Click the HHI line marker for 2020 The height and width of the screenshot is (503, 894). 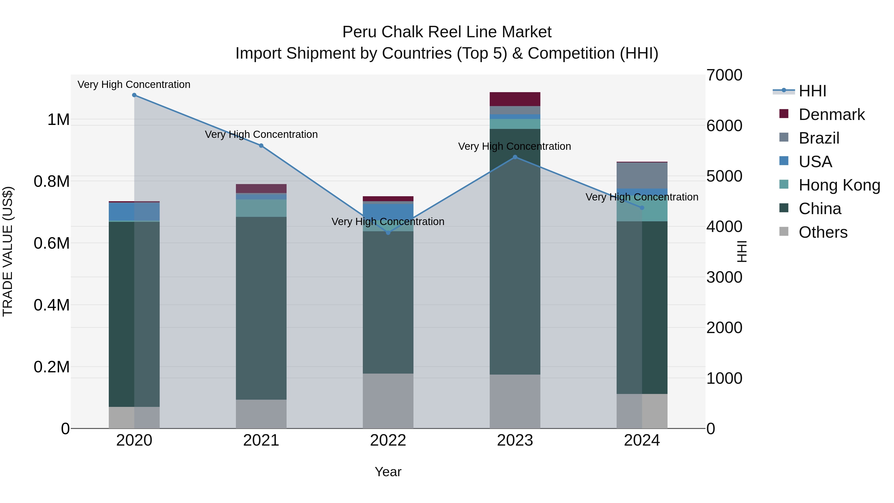[x=134, y=95]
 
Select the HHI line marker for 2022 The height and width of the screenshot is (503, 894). [x=388, y=232]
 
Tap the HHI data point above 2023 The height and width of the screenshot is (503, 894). [x=515, y=157]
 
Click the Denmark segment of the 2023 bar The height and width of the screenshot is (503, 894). [x=515, y=99]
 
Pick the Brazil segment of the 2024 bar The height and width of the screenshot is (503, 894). [x=642, y=176]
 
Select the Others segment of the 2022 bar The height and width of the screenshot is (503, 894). [x=388, y=401]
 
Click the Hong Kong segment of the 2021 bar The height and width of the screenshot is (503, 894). [x=261, y=208]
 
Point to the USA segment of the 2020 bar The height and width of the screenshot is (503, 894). [x=134, y=212]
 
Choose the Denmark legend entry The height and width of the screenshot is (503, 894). [x=831, y=115]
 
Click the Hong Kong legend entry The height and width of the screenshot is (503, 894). [x=839, y=185]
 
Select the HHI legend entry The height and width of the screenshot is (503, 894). [x=812, y=91]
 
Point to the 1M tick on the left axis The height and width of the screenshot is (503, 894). [x=58, y=120]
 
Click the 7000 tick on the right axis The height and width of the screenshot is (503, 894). [x=724, y=75]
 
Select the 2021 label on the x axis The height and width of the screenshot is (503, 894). [x=261, y=440]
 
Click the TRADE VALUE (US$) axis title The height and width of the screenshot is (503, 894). [x=8, y=251]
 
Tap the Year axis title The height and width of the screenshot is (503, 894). [x=388, y=472]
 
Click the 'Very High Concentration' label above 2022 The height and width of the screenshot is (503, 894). [x=388, y=222]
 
